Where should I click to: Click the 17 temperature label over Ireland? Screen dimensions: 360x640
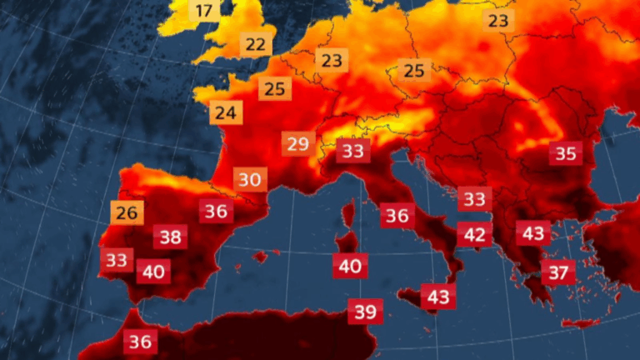[x=205, y=12]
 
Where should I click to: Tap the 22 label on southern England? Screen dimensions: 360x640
[x=256, y=44]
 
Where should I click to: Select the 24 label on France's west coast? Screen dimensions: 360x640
[x=223, y=112]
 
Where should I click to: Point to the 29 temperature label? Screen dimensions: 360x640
[x=297, y=144]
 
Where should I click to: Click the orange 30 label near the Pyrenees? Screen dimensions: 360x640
[x=249, y=178]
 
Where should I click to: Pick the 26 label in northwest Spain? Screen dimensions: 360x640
[x=126, y=212]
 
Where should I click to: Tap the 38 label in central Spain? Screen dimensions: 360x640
[x=170, y=237]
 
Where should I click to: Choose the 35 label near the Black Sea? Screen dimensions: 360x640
[x=566, y=153]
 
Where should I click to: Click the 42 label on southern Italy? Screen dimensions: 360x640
[x=474, y=234]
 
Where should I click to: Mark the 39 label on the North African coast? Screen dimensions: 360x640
[x=365, y=312]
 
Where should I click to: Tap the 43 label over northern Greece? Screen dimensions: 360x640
[x=532, y=232]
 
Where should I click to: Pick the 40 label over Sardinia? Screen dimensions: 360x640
[x=350, y=267]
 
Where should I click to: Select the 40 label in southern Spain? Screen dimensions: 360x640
[x=153, y=271]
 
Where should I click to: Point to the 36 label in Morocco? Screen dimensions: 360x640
[x=140, y=341]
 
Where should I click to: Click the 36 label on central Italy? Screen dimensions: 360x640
[x=397, y=215]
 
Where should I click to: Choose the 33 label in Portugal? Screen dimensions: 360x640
[x=117, y=259]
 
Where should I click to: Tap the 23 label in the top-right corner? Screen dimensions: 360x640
[x=498, y=20]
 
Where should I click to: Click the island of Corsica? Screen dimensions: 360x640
[x=347, y=218]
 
